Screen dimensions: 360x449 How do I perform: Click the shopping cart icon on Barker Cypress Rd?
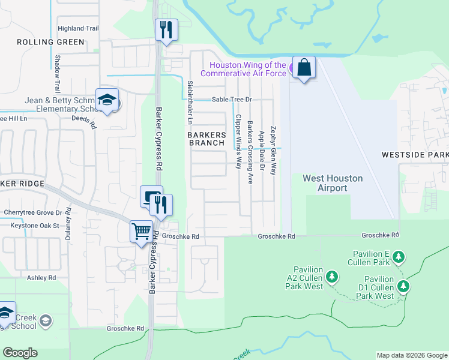[x=141, y=231]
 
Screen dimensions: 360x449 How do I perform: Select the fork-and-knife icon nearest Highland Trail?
[x=166, y=29]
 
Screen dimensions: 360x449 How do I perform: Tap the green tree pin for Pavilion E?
[x=399, y=258]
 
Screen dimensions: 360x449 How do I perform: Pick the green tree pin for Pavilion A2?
[x=331, y=277]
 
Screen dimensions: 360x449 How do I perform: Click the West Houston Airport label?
[x=325, y=183]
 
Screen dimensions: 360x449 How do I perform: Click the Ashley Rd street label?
[x=41, y=278]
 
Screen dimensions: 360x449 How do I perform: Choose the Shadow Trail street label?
[x=58, y=74]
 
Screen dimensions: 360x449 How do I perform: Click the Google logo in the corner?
[x=20, y=353]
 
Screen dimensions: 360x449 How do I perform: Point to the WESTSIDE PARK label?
[x=415, y=155]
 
